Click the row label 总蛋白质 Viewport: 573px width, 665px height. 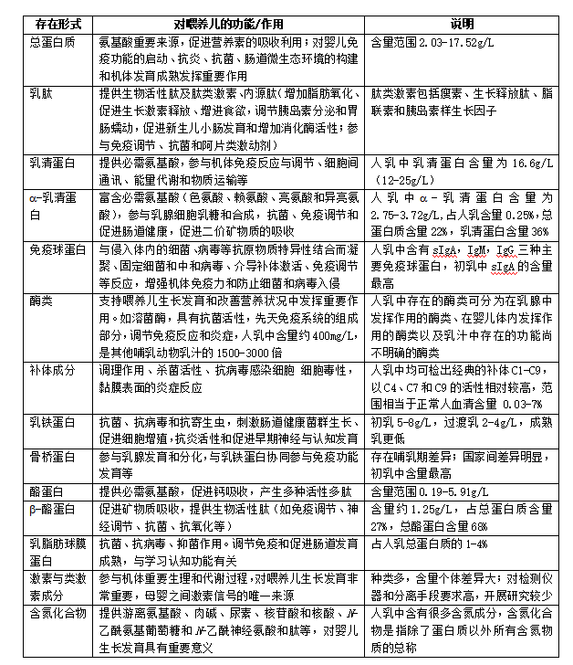pos(52,42)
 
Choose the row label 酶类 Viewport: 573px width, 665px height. pos(41,300)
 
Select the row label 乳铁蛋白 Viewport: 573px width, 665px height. pos(52,422)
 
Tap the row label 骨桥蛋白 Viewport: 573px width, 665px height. pos(52,454)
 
